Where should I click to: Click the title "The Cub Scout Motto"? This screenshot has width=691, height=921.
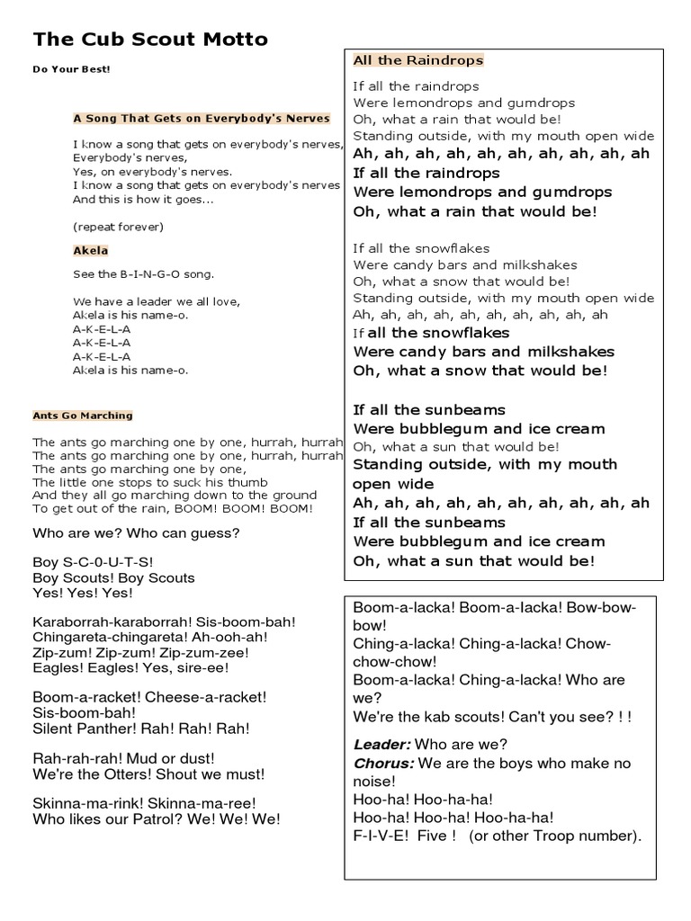(150, 40)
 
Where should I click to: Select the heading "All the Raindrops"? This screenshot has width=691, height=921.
(417, 60)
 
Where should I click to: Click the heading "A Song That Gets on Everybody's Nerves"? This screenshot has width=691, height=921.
(202, 118)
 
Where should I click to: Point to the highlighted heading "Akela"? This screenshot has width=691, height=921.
(90, 250)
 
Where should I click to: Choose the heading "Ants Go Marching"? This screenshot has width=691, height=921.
(83, 416)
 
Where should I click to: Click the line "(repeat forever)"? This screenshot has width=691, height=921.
(118, 226)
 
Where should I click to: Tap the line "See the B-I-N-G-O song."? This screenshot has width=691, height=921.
(144, 274)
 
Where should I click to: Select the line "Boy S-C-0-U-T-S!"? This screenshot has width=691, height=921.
(94, 562)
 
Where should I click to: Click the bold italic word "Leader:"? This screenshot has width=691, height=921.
(382, 745)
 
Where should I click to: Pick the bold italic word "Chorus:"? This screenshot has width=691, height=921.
(384, 764)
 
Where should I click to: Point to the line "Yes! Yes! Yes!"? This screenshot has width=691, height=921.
(83, 594)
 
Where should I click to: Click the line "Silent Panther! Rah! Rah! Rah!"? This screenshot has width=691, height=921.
(141, 729)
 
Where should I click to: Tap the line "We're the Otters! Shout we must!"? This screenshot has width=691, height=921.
(148, 774)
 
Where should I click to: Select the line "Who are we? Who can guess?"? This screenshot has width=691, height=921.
(136, 533)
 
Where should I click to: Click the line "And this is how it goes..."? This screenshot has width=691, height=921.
(143, 200)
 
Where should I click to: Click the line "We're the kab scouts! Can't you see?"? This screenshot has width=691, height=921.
(492, 717)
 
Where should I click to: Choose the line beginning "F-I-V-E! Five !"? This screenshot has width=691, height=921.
(498, 836)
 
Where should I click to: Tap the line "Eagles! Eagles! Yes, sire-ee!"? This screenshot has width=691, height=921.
(131, 668)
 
